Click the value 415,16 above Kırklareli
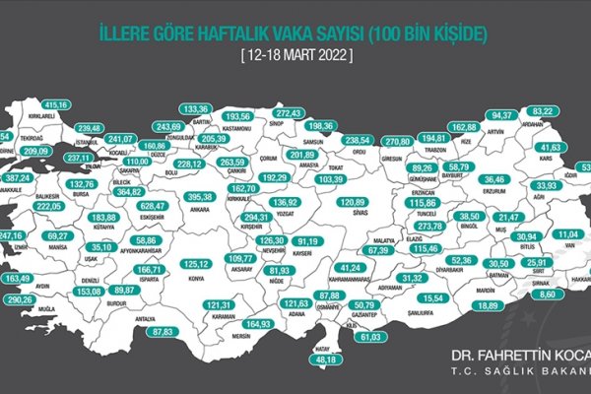[x=56, y=104]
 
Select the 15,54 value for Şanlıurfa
[x=429, y=297]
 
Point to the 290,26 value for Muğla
[x=19, y=298]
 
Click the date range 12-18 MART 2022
[x=295, y=57]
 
